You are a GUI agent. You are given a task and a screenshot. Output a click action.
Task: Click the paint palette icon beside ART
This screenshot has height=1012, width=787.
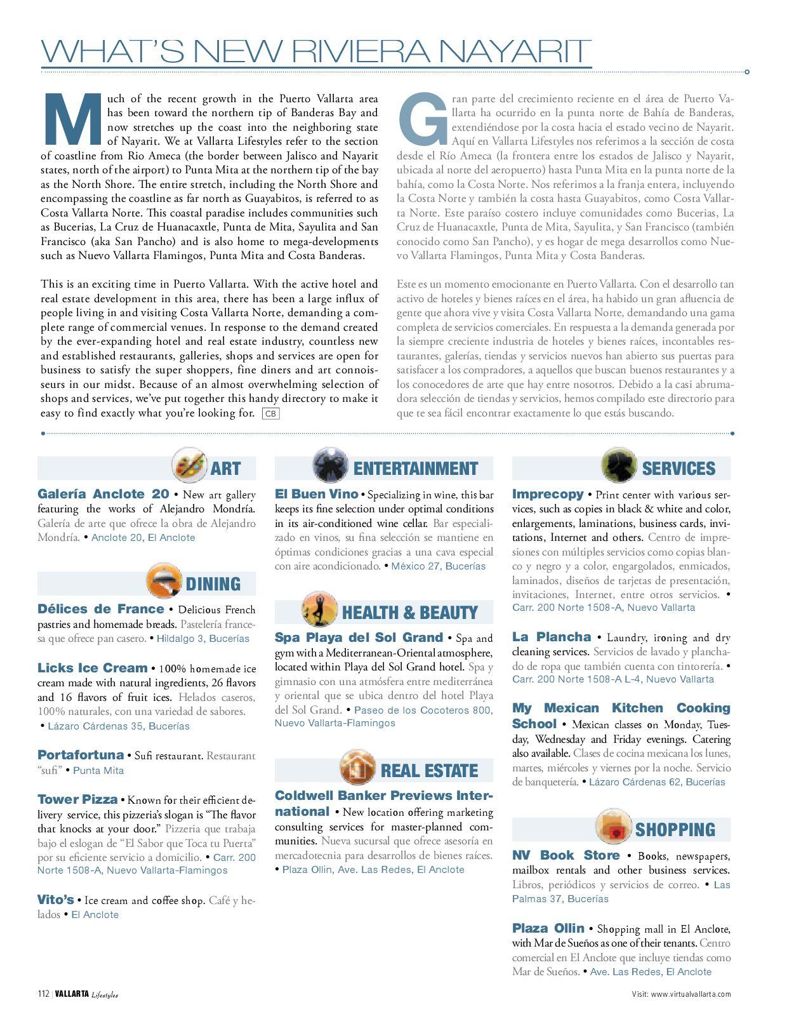(x=189, y=465)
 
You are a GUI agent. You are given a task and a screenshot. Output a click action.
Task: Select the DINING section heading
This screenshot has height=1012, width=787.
(x=213, y=584)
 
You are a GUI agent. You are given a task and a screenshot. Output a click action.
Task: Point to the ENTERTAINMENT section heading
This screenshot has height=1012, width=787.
(x=415, y=469)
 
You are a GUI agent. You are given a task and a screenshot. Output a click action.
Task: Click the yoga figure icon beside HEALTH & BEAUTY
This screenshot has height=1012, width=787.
(x=319, y=609)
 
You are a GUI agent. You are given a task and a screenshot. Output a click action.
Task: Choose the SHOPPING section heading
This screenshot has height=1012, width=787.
(x=675, y=830)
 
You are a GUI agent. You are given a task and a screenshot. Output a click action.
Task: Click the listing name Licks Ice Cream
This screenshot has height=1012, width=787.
(x=92, y=668)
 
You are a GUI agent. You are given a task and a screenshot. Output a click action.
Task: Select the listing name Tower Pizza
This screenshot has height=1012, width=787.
(x=77, y=799)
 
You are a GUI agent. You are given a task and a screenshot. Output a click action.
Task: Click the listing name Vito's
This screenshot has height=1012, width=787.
(x=56, y=900)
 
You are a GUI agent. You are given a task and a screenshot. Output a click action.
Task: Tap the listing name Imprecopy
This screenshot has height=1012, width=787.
(x=548, y=494)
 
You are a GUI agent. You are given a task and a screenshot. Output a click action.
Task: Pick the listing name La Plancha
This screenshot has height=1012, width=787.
(x=552, y=637)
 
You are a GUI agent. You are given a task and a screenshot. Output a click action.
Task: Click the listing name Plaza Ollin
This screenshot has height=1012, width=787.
(x=548, y=928)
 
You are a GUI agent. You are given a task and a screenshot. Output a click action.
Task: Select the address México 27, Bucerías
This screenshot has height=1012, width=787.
(x=438, y=566)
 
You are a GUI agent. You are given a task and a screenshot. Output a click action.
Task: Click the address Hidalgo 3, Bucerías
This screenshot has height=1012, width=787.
(x=203, y=639)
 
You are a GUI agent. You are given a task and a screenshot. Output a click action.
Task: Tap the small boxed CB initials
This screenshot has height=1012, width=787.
(x=270, y=414)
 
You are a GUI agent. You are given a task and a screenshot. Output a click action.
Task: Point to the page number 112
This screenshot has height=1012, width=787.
(x=43, y=994)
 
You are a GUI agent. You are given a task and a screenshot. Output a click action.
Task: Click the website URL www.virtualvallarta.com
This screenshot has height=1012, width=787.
(x=691, y=994)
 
